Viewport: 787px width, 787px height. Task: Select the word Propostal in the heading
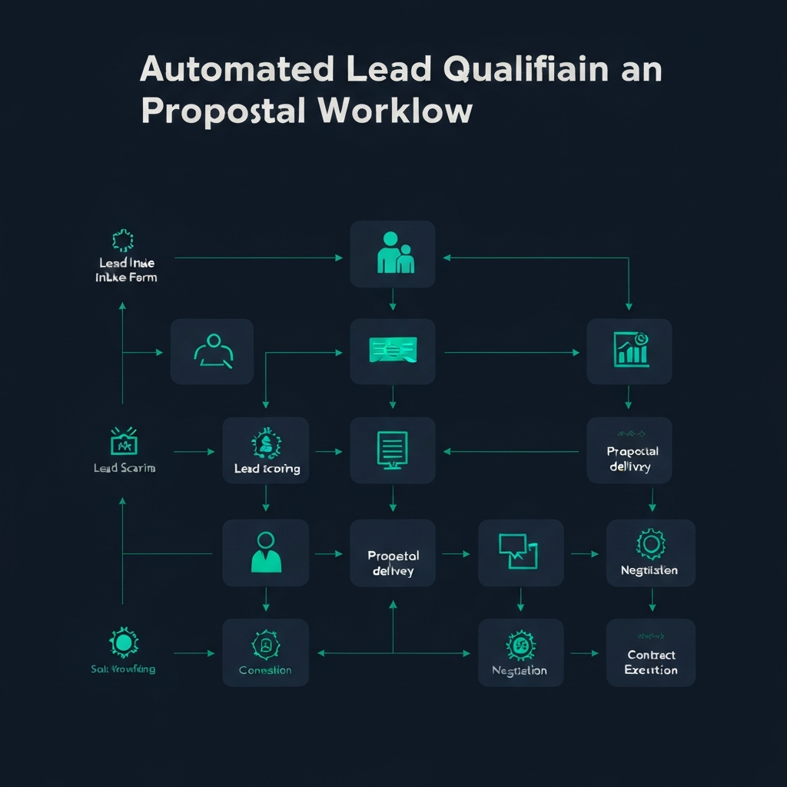tap(224, 111)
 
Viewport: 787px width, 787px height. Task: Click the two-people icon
tap(393, 254)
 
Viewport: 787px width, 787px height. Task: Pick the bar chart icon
tap(631, 350)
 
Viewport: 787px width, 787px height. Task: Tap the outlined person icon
tap(212, 350)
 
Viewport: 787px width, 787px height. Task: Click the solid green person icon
tap(266, 552)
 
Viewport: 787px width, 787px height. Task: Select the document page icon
tap(393, 448)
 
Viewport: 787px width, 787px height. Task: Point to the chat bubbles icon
tap(520, 550)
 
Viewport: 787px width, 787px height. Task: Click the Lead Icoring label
tap(267, 468)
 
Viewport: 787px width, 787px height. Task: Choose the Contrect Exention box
tap(651, 653)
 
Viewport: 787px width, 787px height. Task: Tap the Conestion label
tap(265, 670)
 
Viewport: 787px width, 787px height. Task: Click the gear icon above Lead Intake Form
tap(123, 241)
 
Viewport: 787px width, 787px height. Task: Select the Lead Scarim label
tap(124, 467)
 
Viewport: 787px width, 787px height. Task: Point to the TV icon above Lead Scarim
tap(123, 442)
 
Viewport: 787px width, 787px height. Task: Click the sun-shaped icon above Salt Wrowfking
tap(122, 642)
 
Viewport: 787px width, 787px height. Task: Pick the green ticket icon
tap(393, 350)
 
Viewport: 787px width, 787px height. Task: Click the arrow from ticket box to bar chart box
tap(511, 353)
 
